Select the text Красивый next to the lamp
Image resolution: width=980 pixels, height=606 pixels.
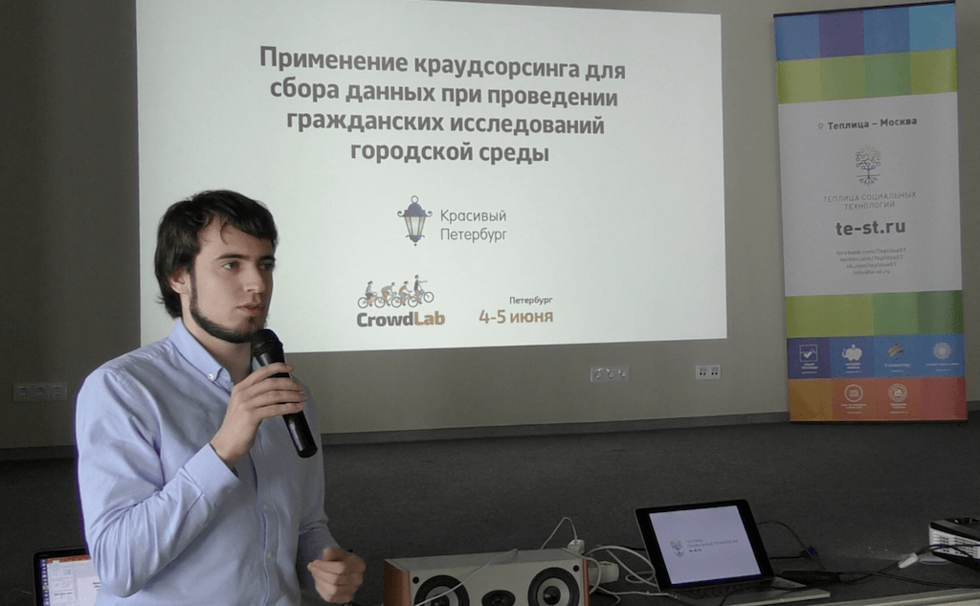[473, 215]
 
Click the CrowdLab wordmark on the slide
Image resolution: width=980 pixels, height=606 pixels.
[400, 319]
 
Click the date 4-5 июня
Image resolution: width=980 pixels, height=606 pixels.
[516, 316]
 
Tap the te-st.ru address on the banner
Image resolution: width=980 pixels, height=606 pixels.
[869, 227]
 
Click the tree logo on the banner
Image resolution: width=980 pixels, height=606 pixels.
[868, 165]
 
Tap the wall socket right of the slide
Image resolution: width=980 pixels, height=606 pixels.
[708, 371]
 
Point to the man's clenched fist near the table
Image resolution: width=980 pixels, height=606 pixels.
[335, 572]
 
